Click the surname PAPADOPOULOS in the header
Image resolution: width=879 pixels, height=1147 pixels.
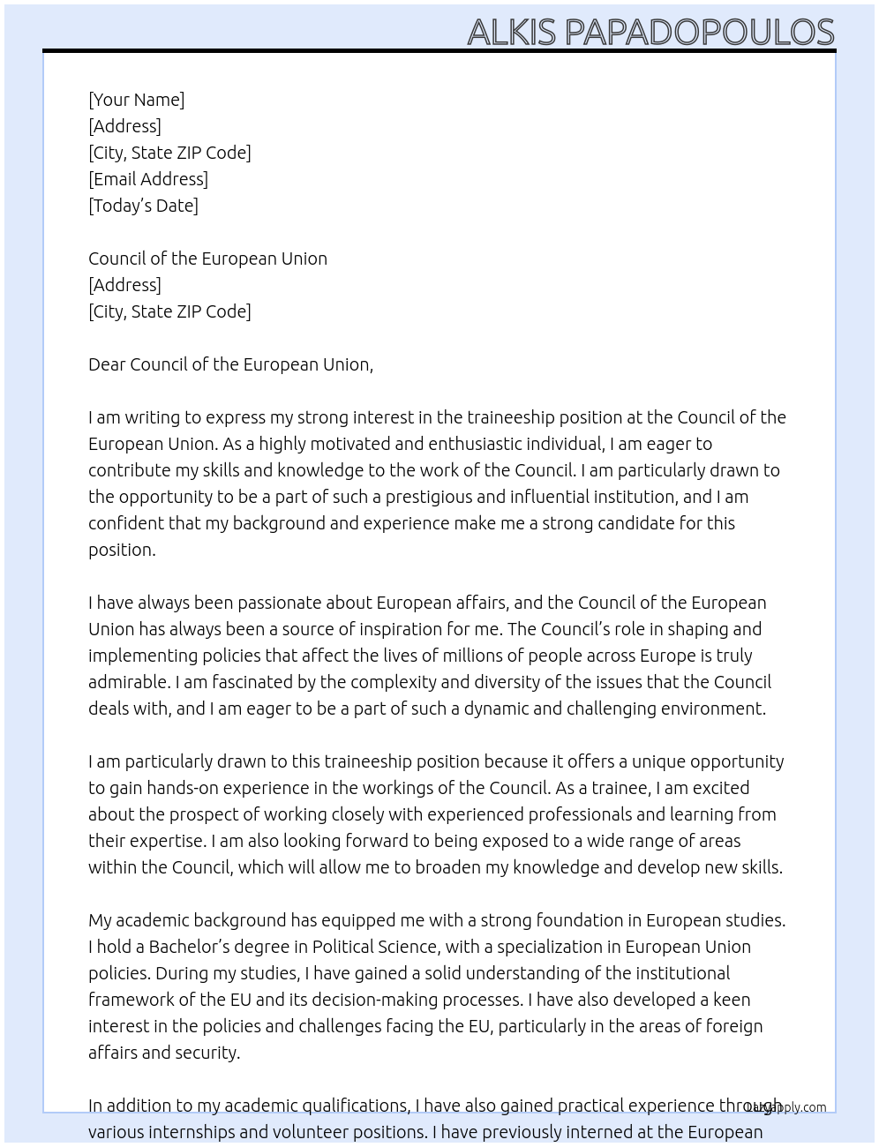(699, 33)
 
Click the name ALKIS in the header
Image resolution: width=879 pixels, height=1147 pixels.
(511, 33)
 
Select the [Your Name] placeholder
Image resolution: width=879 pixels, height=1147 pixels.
(136, 100)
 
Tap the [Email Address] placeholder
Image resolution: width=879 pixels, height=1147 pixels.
(148, 179)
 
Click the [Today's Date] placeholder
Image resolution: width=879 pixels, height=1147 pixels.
(143, 206)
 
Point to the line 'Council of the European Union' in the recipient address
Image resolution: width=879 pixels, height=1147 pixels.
(207, 259)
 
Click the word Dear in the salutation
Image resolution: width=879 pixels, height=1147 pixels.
(107, 364)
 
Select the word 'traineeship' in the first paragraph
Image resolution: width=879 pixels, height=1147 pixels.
(511, 417)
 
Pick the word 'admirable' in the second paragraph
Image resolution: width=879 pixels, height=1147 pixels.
(128, 682)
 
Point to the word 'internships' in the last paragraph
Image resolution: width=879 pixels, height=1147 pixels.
(192, 1132)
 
